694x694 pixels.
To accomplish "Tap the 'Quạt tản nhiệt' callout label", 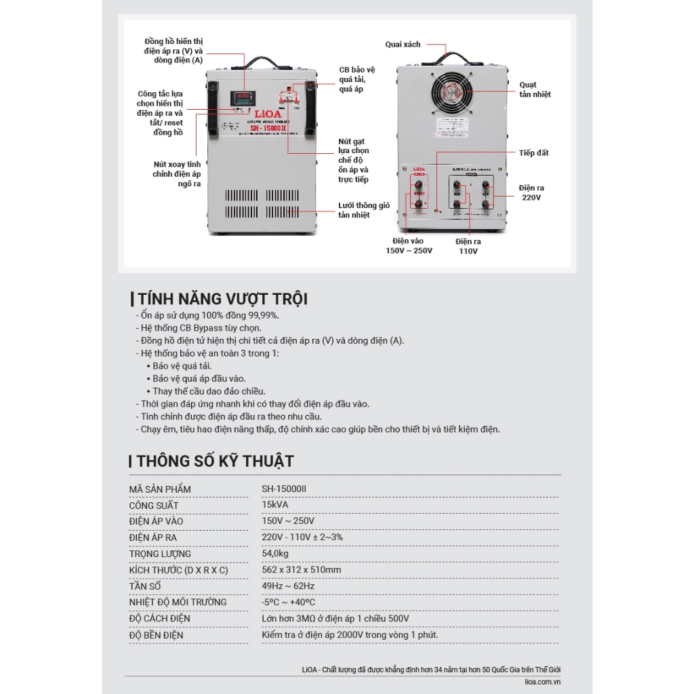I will (x=535, y=89).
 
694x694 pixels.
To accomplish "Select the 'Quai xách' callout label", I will (x=403, y=45).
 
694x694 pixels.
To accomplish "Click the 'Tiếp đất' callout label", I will (x=534, y=153).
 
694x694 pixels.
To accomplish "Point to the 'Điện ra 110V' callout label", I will (x=468, y=246).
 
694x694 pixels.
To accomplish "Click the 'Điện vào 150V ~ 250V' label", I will (x=409, y=246).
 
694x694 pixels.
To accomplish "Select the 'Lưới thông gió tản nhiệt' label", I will (x=364, y=210).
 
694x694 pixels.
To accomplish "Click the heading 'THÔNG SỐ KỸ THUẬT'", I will (x=215, y=462).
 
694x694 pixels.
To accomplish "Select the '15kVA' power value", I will (x=275, y=505).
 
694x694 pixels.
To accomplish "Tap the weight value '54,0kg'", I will (x=277, y=554).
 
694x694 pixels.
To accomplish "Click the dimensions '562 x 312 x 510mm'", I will (x=302, y=570).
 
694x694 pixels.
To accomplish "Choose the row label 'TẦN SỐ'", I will (x=145, y=586).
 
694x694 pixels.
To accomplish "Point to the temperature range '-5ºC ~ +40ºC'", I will (x=288, y=602).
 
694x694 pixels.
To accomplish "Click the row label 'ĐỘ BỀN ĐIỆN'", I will (x=156, y=635).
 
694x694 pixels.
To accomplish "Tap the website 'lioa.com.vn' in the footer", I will (x=543, y=682).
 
